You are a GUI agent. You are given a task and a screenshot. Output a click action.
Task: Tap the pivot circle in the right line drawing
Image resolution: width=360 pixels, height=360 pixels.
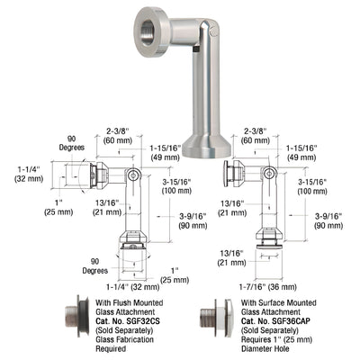click(x=268, y=175)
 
